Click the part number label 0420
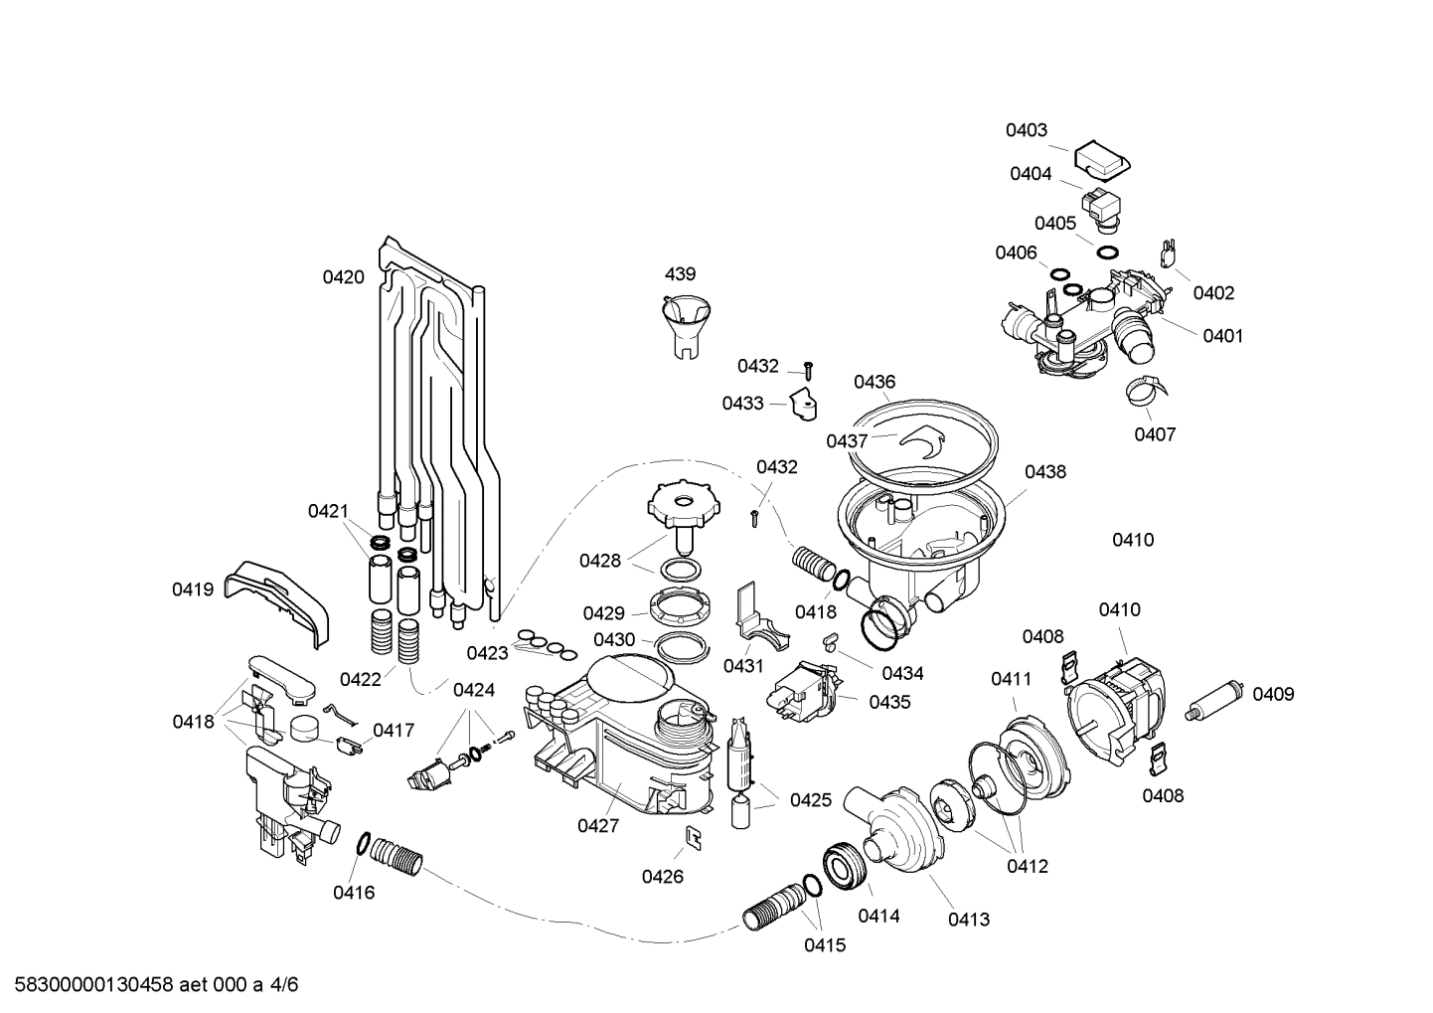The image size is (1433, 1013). pos(343,277)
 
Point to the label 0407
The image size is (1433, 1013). pos(1156,434)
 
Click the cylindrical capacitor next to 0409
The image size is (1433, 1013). pos(1217,697)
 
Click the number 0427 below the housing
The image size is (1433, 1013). pos(598,825)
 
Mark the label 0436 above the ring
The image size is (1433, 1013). pos(875,382)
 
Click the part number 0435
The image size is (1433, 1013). pos(889,702)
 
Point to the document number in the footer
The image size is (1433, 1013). pos(150,985)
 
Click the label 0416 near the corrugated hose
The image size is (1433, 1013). pos(354,893)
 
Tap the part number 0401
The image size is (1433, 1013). pos(1222,336)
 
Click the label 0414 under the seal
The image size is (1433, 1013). pos(878,916)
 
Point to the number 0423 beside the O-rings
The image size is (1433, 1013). pos(488,653)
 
